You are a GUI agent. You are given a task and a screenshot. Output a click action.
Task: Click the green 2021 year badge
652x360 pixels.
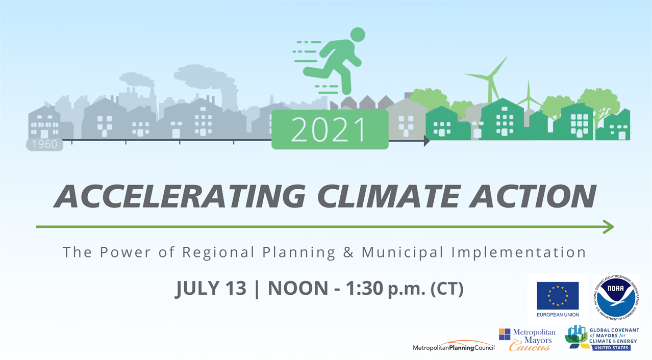click(x=330, y=130)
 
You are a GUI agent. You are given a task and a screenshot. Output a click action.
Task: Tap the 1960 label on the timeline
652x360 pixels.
click(x=44, y=144)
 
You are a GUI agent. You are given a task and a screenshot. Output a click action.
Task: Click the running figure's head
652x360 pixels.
click(x=358, y=35)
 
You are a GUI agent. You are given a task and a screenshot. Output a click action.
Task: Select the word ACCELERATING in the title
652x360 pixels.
click(x=180, y=196)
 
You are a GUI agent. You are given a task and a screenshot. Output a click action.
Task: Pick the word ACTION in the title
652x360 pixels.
click(x=533, y=196)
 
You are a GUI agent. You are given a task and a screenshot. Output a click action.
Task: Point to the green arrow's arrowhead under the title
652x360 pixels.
click(x=608, y=227)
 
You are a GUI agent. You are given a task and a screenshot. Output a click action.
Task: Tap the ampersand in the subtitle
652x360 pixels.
click(x=348, y=252)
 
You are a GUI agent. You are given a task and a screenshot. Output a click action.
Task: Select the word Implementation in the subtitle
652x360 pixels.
click(x=518, y=252)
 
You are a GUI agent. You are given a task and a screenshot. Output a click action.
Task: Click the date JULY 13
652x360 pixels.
click(x=211, y=289)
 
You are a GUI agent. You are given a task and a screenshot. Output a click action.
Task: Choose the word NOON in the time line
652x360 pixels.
click(x=298, y=289)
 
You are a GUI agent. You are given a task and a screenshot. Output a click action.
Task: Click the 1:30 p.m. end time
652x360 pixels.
click(x=386, y=289)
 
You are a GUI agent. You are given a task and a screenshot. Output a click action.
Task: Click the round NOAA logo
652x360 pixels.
click(x=616, y=297)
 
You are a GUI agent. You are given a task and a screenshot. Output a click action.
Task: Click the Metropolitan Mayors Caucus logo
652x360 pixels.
click(x=527, y=340)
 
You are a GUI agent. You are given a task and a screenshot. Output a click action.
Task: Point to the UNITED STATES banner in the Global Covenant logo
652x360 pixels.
click(x=611, y=348)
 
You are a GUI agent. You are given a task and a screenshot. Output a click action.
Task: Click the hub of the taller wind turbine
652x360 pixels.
click(x=490, y=77)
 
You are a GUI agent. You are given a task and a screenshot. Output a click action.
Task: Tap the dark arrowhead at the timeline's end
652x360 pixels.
click(x=427, y=141)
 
